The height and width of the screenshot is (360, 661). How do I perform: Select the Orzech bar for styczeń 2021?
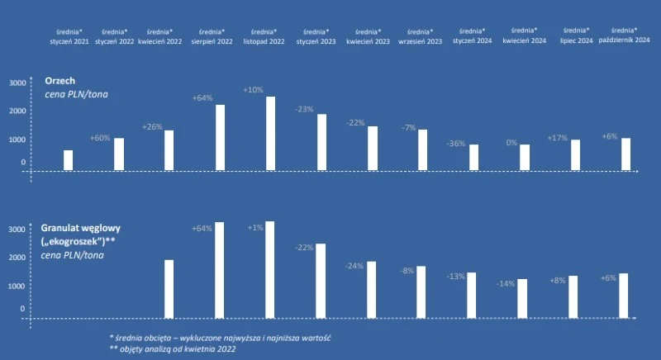(x=69, y=160)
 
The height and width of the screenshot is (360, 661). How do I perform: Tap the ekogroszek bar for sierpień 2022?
(x=219, y=269)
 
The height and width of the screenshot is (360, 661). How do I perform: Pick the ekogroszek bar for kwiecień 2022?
(x=169, y=288)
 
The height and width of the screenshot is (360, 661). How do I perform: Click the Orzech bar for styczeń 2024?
(x=473, y=158)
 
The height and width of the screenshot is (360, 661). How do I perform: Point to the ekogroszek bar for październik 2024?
(x=625, y=295)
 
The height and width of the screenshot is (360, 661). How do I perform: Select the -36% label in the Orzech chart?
(x=455, y=143)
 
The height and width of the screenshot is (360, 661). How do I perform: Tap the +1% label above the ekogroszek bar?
(x=254, y=227)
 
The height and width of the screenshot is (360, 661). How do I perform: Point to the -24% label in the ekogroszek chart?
(x=354, y=266)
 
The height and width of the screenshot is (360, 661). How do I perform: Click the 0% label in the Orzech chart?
(x=511, y=143)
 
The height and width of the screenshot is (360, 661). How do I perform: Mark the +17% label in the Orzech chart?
(x=557, y=138)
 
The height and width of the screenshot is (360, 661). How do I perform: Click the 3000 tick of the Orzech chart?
(x=18, y=83)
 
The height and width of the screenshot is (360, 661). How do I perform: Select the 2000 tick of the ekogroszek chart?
(x=18, y=257)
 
